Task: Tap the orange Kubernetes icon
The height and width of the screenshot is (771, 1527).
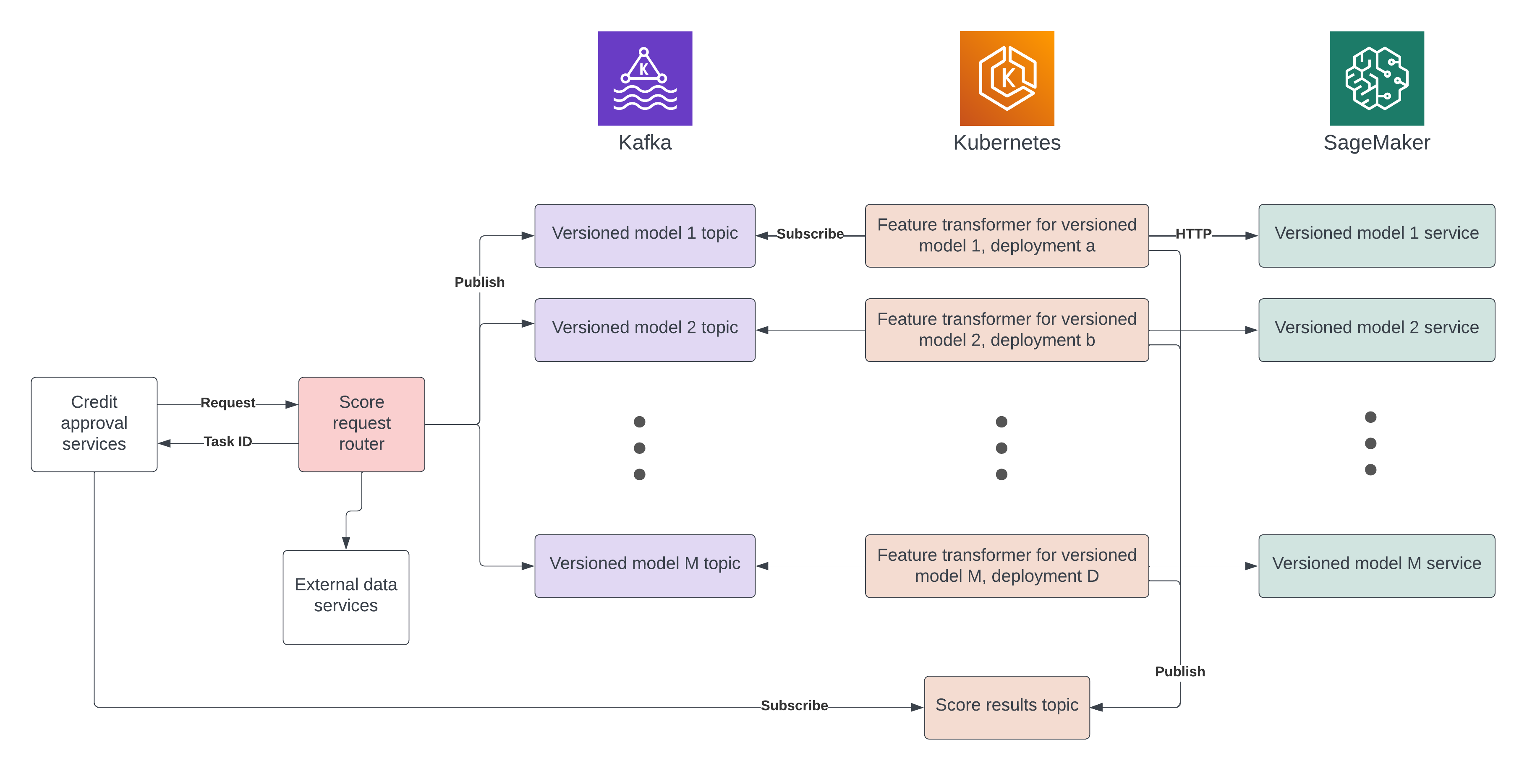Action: click(x=1007, y=78)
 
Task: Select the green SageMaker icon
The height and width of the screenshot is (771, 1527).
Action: click(x=1376, y=78)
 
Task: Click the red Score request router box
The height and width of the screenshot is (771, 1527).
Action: click(x=361, y=424)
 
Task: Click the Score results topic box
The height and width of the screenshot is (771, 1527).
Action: click(x=1007, y=706)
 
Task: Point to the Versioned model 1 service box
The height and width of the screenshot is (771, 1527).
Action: click(x=1376, y=235)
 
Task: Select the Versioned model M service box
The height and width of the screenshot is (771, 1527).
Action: click(x=1376, y=565)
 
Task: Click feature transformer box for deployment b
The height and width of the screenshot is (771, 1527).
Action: click(x=1007, y=329)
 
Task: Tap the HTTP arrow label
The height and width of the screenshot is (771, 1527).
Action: click(x=1193, y=234)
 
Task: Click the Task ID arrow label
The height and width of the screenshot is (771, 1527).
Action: click(x=227, y=442)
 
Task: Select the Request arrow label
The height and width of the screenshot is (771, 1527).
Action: click(x=227, y=403)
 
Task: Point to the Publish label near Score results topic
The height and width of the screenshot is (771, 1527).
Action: click(x=1179, y=672)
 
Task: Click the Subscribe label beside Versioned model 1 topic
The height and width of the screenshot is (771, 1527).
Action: click(x=810, y=234)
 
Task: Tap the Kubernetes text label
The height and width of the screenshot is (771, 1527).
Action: click(x=1007, y=143)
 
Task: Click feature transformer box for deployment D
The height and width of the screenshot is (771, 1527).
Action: click(x=1007, y=565)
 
